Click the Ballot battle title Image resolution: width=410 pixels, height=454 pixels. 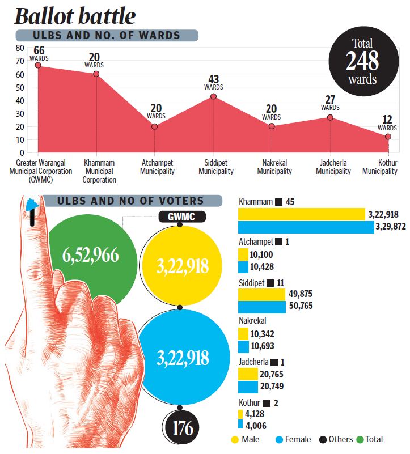tap(75, 16)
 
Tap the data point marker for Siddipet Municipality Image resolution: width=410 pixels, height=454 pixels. tap(213, 96)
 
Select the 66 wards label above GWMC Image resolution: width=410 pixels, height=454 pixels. tap(39, 54)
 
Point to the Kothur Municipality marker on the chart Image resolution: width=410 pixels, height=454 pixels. tap(388, 137)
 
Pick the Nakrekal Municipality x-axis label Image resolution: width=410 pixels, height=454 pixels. tap(274, 167)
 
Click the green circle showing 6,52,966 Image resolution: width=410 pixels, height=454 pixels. tap(91, 256)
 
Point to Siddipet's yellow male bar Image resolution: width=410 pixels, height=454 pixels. tap(261, 294)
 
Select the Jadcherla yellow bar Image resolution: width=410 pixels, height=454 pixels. tap(248, 374)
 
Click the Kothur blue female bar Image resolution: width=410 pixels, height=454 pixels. tap(240, 425)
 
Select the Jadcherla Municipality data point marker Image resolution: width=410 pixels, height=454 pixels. tap(330, 117)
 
